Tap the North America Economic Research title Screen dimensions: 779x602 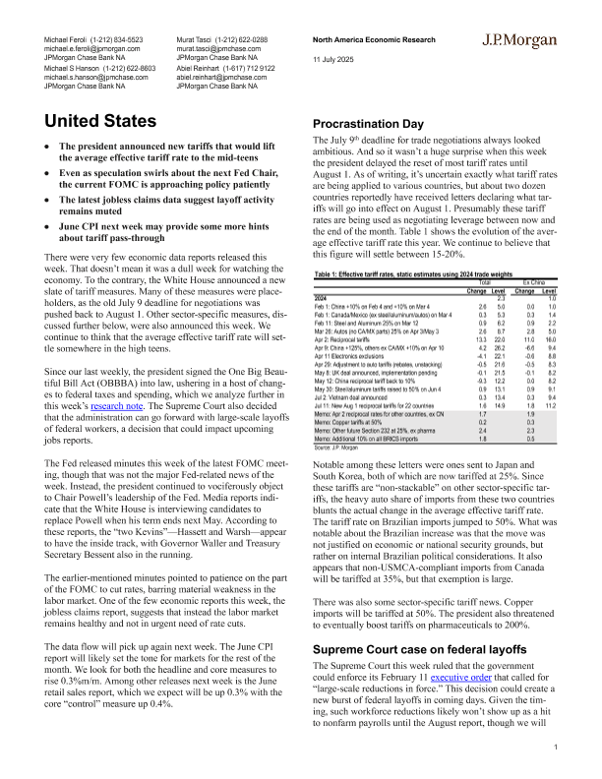[x=373, y=36]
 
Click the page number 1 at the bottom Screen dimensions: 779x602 [x=556, y=748]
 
